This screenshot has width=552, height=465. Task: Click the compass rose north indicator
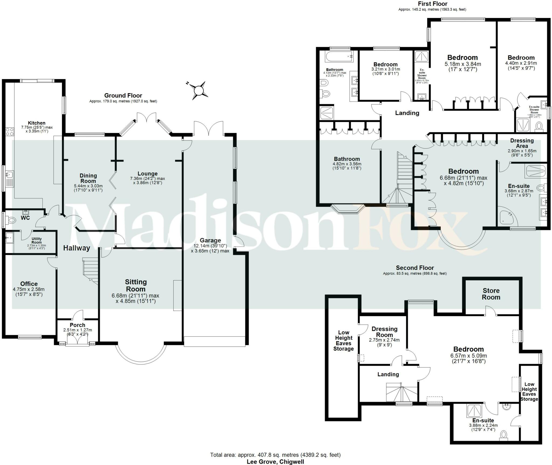199,90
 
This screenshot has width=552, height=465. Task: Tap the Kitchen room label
37,123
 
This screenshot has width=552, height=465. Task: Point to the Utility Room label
37,240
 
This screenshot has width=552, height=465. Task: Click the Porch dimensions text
77,332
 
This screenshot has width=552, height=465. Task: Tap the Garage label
210,240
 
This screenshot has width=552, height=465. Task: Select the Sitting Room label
136,285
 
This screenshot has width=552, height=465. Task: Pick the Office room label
29,284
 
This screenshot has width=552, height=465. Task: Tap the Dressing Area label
522,143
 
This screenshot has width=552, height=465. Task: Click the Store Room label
491,294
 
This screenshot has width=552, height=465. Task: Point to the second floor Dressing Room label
384,332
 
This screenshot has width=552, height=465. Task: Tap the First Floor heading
432,4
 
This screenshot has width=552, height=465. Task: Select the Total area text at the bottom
275,455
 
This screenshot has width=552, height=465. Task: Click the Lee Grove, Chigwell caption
275,461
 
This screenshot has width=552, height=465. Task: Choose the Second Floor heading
415,268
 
